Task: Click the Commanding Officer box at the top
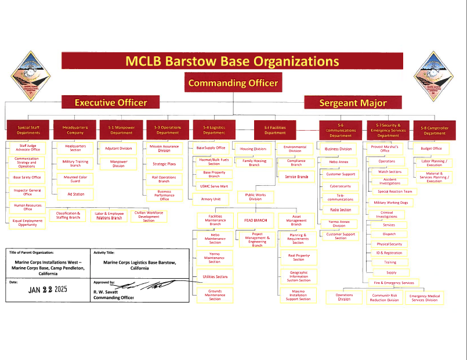233,82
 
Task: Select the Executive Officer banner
110,103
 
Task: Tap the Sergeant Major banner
353,103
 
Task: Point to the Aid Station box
75,195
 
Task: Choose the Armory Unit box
211,199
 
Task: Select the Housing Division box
253,149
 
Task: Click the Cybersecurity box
341,186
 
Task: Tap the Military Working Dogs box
390,203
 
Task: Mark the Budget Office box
431,149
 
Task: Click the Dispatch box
389,235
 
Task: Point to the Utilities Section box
215,277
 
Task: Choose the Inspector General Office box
28,192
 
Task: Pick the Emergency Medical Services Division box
425,298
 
